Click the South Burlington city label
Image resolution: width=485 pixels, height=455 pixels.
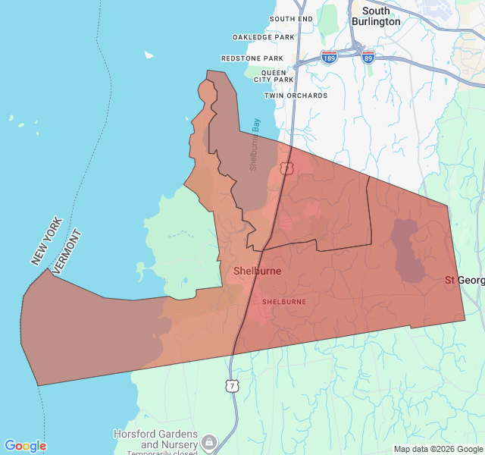coord(376,16)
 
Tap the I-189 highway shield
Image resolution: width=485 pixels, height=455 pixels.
coord(328,58)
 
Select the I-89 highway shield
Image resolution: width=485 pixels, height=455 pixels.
coord(368,57)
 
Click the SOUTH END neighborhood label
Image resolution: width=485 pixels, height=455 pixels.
coord(291,19)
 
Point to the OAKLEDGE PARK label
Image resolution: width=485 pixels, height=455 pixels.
coord(263,37)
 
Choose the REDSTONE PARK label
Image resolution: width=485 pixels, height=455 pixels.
coord(252,58)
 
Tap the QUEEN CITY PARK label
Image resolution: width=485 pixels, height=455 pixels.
coord(273,76)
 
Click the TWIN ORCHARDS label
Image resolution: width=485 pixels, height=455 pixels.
coord(296,96)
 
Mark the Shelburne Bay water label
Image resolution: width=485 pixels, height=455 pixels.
coord(255,143)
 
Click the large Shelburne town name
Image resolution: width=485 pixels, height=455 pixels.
coord(257,271)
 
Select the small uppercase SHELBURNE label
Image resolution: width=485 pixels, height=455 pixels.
coord(283,302)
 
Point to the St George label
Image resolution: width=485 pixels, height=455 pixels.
coord(464,281)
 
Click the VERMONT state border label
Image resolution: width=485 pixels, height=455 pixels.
coord(67,251)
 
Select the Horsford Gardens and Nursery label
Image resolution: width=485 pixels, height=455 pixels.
coord(155,439)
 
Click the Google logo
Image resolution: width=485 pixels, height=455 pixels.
coord(25,446)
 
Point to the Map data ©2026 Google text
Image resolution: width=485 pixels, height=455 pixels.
coord(438,449)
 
